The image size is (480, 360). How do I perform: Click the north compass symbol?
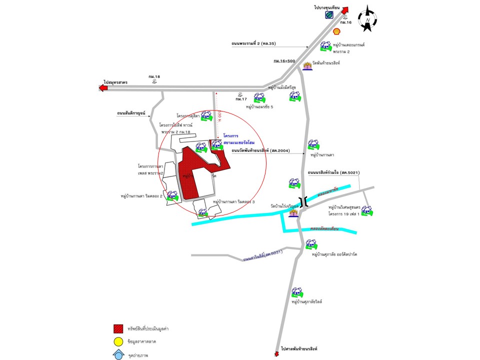click(x=368, y=18)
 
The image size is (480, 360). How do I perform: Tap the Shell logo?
click(x=337, y=31)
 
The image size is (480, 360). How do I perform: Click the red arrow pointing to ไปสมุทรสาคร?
click(x=103, y=88)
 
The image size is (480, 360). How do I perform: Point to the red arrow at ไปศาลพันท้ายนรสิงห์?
click(x=276, y=353)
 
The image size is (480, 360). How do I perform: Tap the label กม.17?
click(x=241, y=99)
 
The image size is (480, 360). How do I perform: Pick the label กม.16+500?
click(x=284, y=60)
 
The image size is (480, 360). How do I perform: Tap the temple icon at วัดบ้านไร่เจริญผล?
click(x=293, y=213)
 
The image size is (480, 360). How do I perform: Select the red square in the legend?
click(x=118, y=328)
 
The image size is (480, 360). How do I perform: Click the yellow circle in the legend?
click(x=118, y=342)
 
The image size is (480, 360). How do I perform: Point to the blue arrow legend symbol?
click(x=118, y=354)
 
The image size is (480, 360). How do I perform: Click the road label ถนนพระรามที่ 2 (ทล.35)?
click(x=253, y=44)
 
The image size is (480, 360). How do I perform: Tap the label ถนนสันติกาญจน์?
click(x=130, y=113)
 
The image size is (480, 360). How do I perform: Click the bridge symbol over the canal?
click(x=303, y=202)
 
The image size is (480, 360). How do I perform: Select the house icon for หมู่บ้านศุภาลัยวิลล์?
click(x=297, y=291)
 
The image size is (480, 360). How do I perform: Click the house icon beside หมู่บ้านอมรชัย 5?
click(x=259, y=97)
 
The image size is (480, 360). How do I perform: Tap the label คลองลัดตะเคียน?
click(x=324, y=228)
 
